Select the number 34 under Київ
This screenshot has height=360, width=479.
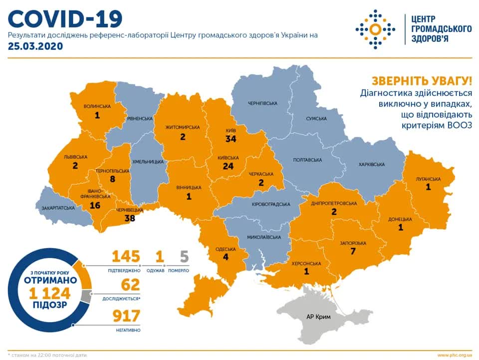click(231, 138)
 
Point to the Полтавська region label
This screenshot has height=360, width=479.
click(307, 160)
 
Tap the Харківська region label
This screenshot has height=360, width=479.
click(371, 164)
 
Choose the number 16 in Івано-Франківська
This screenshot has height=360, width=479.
click(94, 205)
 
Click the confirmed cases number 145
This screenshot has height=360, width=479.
click(125, 257)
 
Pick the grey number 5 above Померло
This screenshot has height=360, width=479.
click(184, 257)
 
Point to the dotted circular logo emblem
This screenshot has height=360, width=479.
click(375, 29)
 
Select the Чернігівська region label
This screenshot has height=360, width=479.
click(262, 103)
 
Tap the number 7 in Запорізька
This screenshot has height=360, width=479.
click(353, 251)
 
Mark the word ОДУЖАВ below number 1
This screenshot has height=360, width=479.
click(160, 270)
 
